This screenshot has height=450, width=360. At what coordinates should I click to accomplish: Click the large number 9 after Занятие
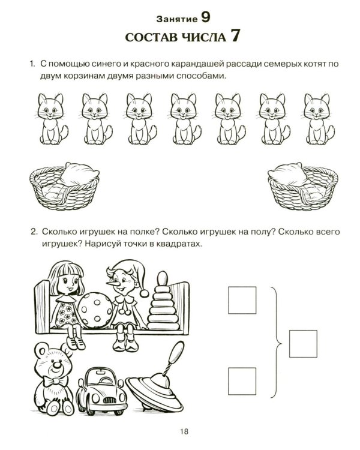point(205,17)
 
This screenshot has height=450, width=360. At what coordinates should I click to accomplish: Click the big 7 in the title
point(234,36)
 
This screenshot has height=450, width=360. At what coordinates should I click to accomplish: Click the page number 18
point(184,431)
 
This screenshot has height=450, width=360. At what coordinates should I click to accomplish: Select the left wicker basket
point(64,187)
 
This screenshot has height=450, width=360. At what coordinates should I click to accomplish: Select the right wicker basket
point(303,187)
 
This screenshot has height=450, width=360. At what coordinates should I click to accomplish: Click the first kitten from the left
point(52,119)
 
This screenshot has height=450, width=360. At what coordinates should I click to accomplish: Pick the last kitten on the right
point(319,119)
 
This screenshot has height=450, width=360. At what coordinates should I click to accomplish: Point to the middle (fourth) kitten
point(185,119)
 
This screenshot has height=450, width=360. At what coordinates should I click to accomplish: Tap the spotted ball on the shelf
point(95,310)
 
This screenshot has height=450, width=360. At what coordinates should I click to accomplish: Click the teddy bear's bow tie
point(55,382)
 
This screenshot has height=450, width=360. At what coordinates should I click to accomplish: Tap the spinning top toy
point(157,385)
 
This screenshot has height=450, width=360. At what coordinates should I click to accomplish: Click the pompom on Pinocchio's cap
point(144,293)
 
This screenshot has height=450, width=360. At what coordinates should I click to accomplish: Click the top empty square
point(242,300)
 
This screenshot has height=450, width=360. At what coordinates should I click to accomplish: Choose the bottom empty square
point(242,381)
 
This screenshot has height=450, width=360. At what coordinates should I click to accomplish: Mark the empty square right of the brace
point(303,344)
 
